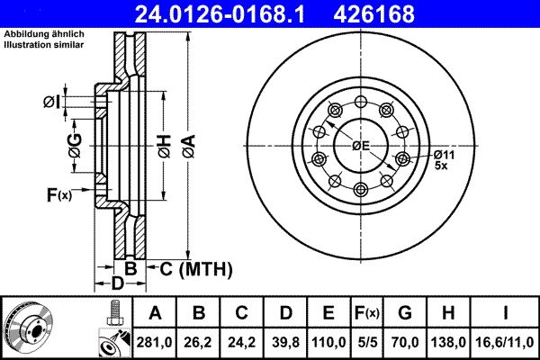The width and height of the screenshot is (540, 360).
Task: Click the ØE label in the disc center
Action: (361, 146)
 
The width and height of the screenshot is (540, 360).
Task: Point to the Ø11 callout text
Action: (444, 154)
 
